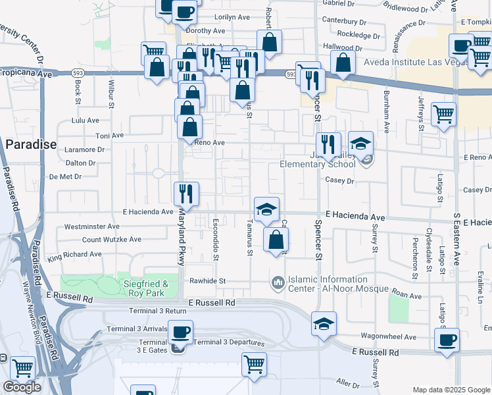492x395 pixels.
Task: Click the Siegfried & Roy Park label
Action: (x=141, y=284)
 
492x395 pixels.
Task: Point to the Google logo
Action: (x=22, y=387)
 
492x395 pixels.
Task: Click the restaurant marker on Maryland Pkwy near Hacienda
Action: (x=185, y=193)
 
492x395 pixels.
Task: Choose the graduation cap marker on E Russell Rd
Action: (x=324, y=323)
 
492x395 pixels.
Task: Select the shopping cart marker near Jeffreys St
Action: (x=444, y=114)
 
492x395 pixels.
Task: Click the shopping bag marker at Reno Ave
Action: (x=189, y=126)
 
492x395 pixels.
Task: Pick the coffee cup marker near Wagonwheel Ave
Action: (x=447, y=340)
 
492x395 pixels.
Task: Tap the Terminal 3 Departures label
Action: (x=228, y=342)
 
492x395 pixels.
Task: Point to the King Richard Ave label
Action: (x=74, y=253)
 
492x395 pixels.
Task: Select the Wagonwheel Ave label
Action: (x=393, y=337)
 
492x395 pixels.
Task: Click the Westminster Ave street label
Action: (x=92, y=226)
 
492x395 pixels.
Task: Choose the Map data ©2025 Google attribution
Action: (x=451, y=390)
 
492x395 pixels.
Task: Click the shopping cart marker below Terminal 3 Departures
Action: (x=254, y=364)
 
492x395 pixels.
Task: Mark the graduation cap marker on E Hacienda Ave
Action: (x=266, y=209)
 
